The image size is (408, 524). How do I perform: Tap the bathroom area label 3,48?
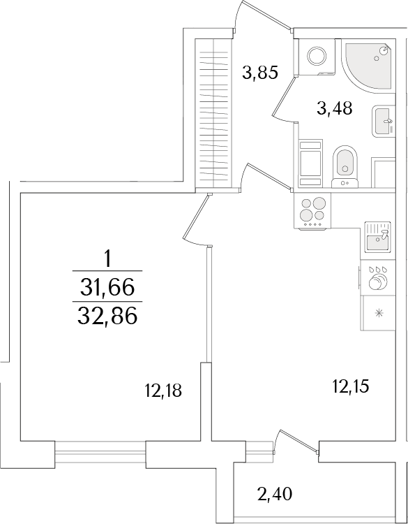point(333,108)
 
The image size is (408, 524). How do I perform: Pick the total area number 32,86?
point(107,316)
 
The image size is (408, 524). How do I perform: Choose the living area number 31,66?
point(107,286)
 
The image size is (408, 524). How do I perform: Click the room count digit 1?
point(107,259)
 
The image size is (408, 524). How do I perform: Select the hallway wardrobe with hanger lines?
point(211,112)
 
